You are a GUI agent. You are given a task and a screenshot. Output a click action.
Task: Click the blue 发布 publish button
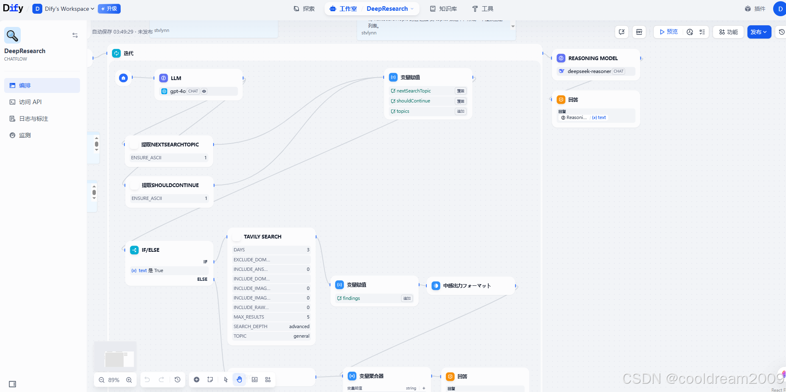[759, 32]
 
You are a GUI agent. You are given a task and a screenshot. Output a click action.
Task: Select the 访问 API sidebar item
[30, 102]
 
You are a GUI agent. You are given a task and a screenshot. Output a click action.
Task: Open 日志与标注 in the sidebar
[33, 119]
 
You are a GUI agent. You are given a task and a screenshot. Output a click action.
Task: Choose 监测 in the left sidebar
[25, 135]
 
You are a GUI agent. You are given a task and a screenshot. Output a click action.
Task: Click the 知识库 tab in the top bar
[443, 9]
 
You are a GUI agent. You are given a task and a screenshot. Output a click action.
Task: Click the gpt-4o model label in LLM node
[178, 91]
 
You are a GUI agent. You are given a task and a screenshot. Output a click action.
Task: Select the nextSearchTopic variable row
[414, 91]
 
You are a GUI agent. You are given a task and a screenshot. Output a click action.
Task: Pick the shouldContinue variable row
[413, 101]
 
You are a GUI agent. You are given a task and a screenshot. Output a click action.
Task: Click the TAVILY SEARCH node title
[263, 236]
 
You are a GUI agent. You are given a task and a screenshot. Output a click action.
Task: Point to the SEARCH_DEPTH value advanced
[299, 326]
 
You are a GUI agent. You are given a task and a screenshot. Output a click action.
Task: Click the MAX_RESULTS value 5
[308, 317]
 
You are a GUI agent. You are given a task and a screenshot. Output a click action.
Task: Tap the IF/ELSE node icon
[134, 250]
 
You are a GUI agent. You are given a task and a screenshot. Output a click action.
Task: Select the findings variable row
[351, 298]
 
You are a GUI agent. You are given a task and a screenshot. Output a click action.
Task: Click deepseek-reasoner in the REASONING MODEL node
[589, 71]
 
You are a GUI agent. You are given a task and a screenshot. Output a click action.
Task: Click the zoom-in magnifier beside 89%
[129, 380]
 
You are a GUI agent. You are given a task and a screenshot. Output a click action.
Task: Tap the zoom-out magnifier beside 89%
[102, 380]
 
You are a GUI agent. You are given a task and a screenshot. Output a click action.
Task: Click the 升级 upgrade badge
[109, 9]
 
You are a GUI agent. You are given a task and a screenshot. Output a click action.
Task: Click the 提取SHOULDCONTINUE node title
[170, 185]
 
